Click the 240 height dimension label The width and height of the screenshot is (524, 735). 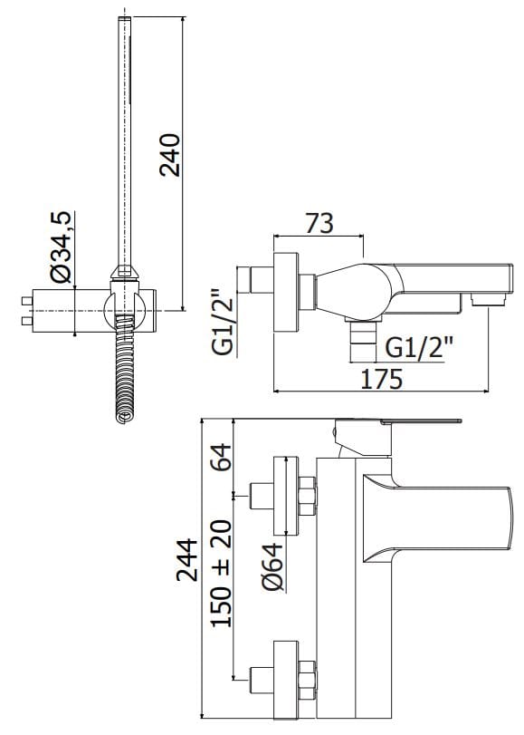[169, 155]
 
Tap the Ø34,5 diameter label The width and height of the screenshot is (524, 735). [62, 247]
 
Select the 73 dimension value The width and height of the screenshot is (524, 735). [319, 223]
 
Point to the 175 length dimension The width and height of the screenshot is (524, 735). [382, 378]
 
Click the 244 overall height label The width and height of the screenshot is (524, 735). [186, 560]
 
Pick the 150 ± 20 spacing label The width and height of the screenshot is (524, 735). [221, 573]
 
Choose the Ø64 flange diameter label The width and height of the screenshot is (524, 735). [273, 566]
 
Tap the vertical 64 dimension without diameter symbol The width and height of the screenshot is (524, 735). [221, 457]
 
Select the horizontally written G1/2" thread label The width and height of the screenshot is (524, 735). [420, 347]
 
